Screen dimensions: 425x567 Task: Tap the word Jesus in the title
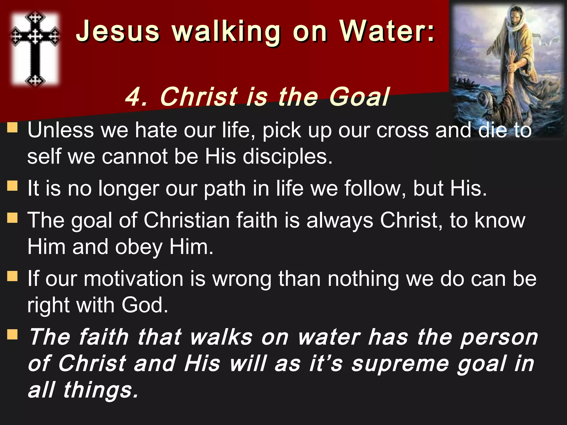[x=118, y=32]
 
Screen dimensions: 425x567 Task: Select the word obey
[x=139, y=247]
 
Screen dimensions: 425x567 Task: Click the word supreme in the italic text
[x=400, y=364]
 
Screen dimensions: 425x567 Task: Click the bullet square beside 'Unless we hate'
[x=12, y=128]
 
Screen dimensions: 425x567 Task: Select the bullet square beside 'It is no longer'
[x=12, y=186]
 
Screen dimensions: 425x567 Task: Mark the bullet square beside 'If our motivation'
[x=12, y=276]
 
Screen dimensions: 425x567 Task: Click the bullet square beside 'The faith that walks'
[x=12, y=335]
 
